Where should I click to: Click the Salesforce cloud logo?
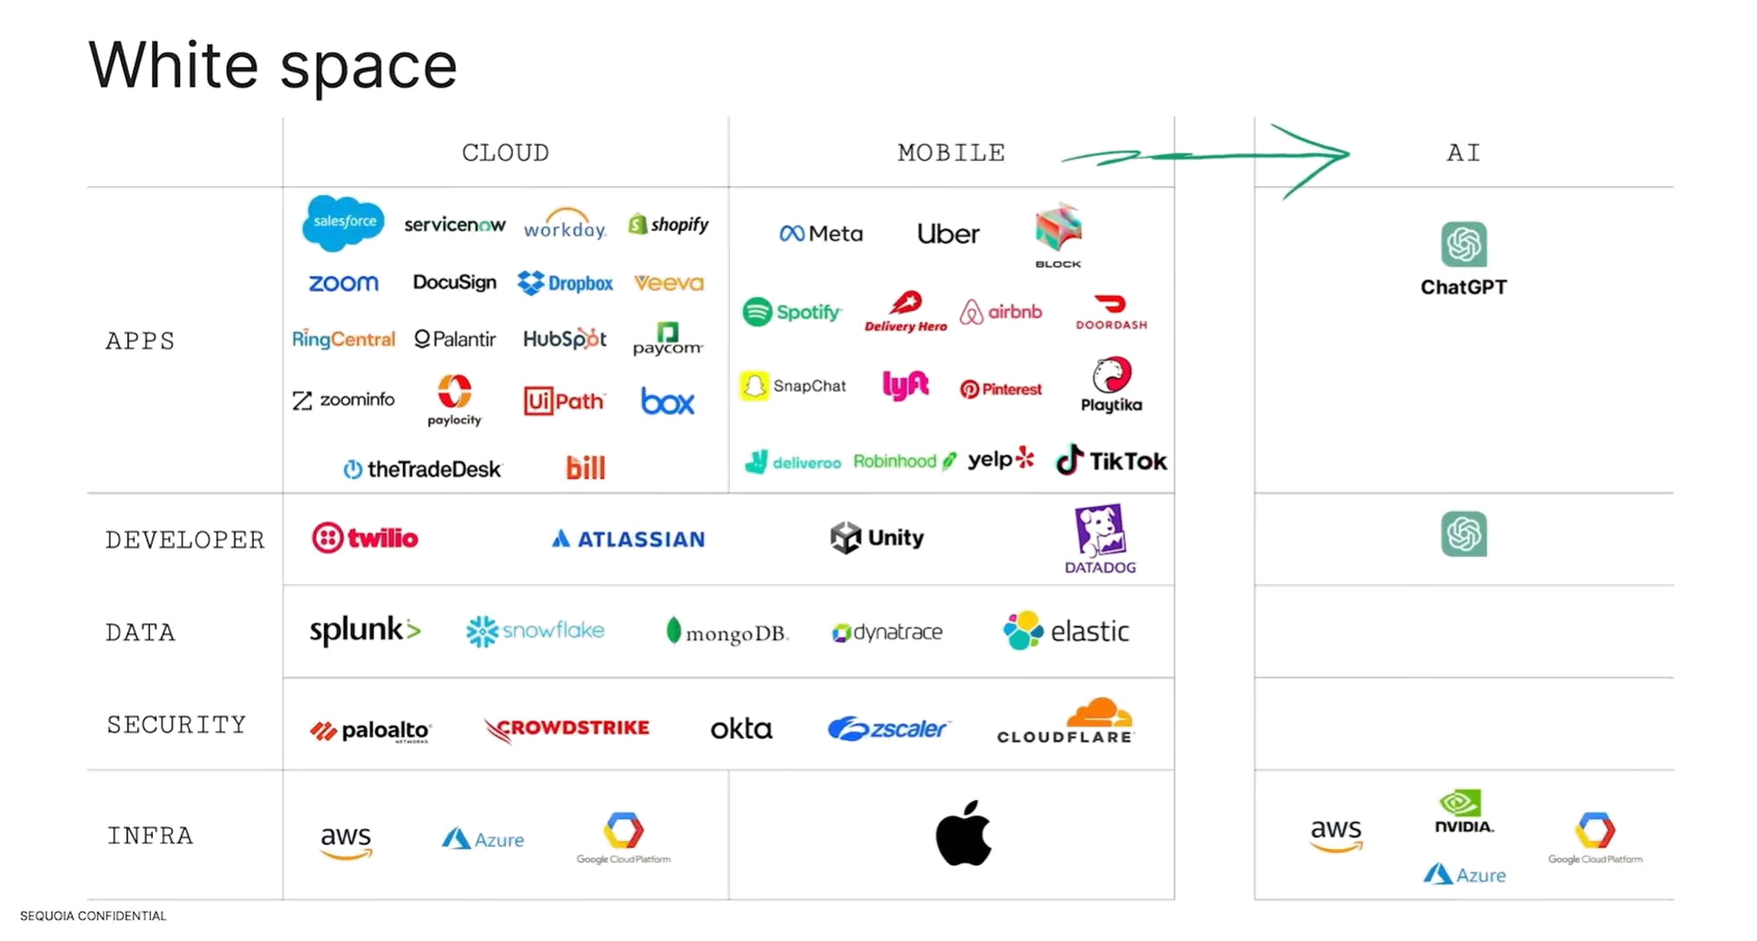343,222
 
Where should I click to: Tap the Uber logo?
948,234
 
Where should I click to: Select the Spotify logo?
791,312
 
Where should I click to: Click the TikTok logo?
1111,460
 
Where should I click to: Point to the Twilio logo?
365,538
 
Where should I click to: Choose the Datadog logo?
1101,539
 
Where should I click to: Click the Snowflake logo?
535,631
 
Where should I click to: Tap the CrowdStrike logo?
568,728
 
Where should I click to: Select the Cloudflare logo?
1066,721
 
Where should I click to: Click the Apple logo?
964,832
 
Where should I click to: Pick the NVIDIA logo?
1463,811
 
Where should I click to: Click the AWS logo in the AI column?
1335,836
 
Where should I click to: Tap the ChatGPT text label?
1464,287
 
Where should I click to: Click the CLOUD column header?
506,153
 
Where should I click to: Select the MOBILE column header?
951,153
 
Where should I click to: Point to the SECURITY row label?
177,725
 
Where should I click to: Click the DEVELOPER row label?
185,539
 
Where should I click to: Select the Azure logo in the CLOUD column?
483,839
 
